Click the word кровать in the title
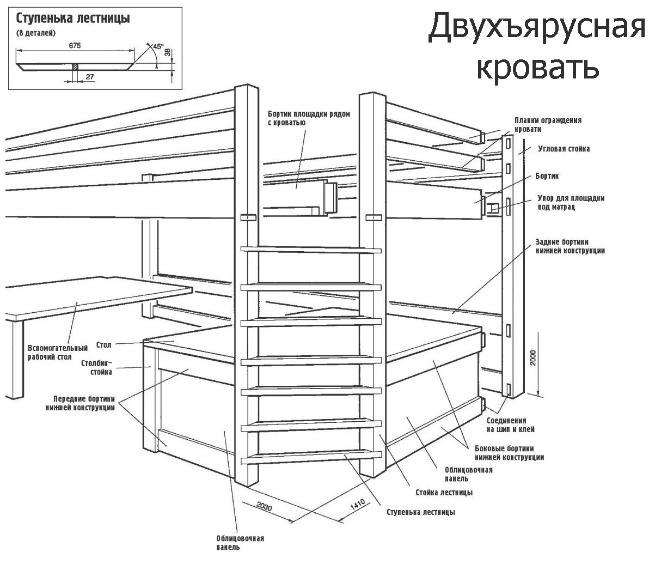537,68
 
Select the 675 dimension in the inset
75,46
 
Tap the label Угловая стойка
564,148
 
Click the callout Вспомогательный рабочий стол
58,352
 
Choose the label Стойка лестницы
444,493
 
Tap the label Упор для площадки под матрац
571,203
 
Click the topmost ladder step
311,250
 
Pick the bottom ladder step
311,457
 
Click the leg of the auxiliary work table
17,360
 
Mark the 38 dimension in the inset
167,52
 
